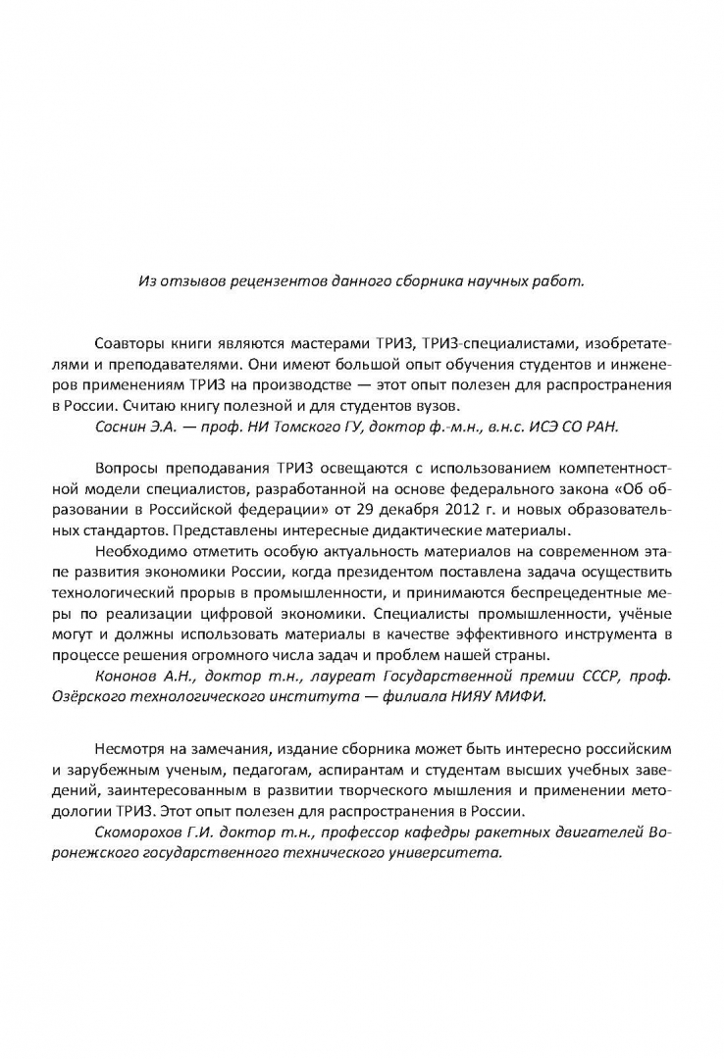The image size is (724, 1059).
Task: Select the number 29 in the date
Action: [359, 511]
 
